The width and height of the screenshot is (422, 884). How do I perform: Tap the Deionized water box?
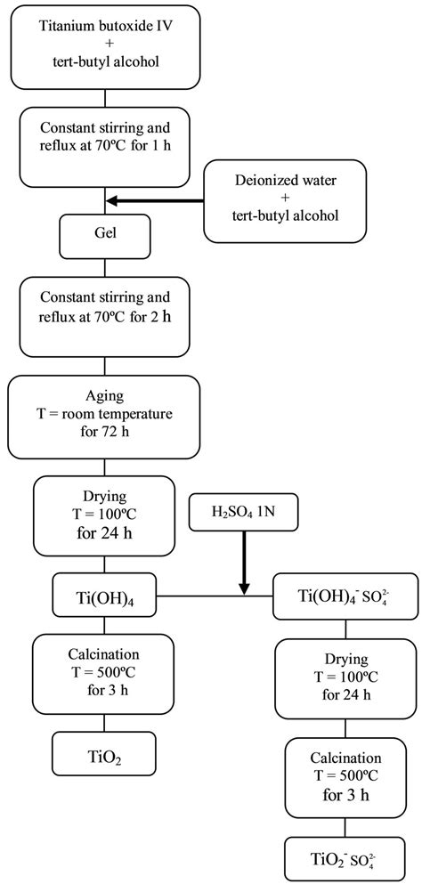pyautogui.click(x=285, y=200)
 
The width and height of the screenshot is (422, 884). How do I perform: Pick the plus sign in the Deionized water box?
pyautogui.click(x=285, y=201)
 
